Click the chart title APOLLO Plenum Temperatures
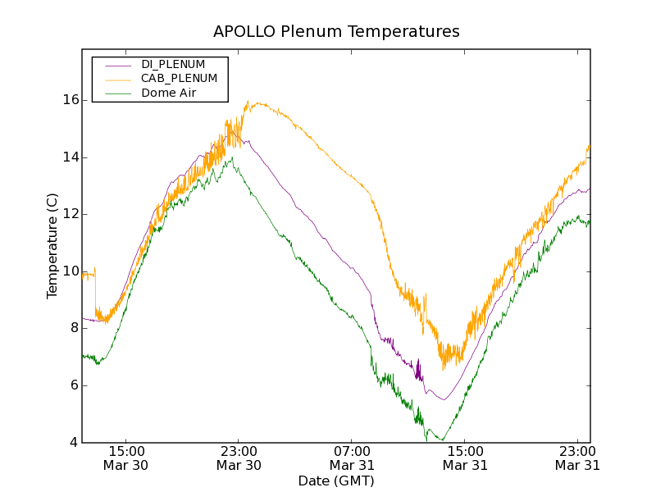tap(336, 32)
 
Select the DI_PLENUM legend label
tap(173, 64)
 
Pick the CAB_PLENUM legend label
tap(179, 79)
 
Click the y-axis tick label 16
tap(71, 100)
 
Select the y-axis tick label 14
tap(71, 157)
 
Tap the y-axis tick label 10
tap(71, 271)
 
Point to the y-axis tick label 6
tap(74, 385)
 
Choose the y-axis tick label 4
tap(74, 443)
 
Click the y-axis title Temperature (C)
tap(52, 246)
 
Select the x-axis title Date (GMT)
tap(336, 481)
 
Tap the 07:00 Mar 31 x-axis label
tap(352, 458)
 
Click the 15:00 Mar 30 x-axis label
tap(125, 458)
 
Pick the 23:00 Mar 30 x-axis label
tap(239, 458)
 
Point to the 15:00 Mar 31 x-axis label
tap(465, 458)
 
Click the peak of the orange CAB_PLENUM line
tap(248, 101)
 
